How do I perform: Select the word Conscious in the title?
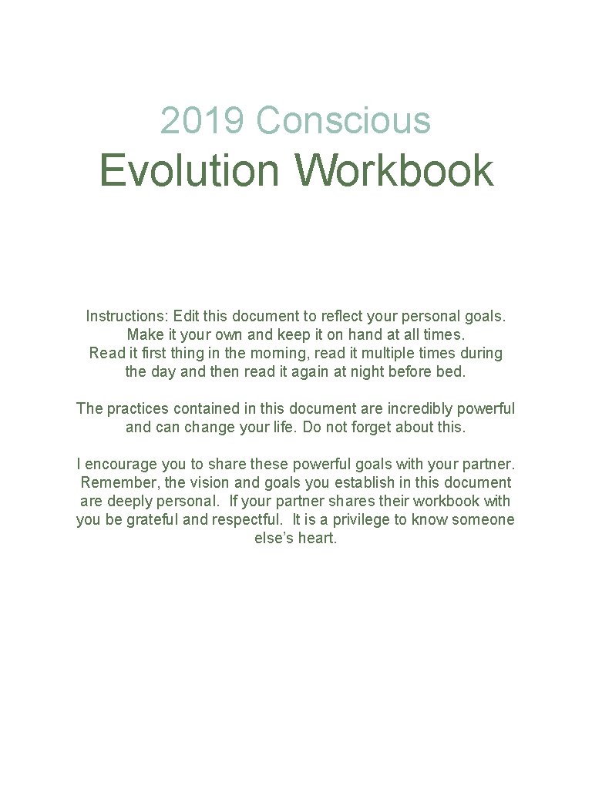pyautogui.click(x=343, y=120)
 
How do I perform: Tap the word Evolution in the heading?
pyautogui.click(x=190, y=170)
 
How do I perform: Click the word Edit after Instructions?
pyautogui.click(x=187, y=316)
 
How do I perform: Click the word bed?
pyautogui.click(x=454, y=371)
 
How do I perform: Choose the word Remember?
pyautogui.click(x=116, y=482)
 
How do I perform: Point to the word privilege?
pyautogui.click(x=362, y=519)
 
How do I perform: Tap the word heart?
pyautogui.click(x=317, y=538)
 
